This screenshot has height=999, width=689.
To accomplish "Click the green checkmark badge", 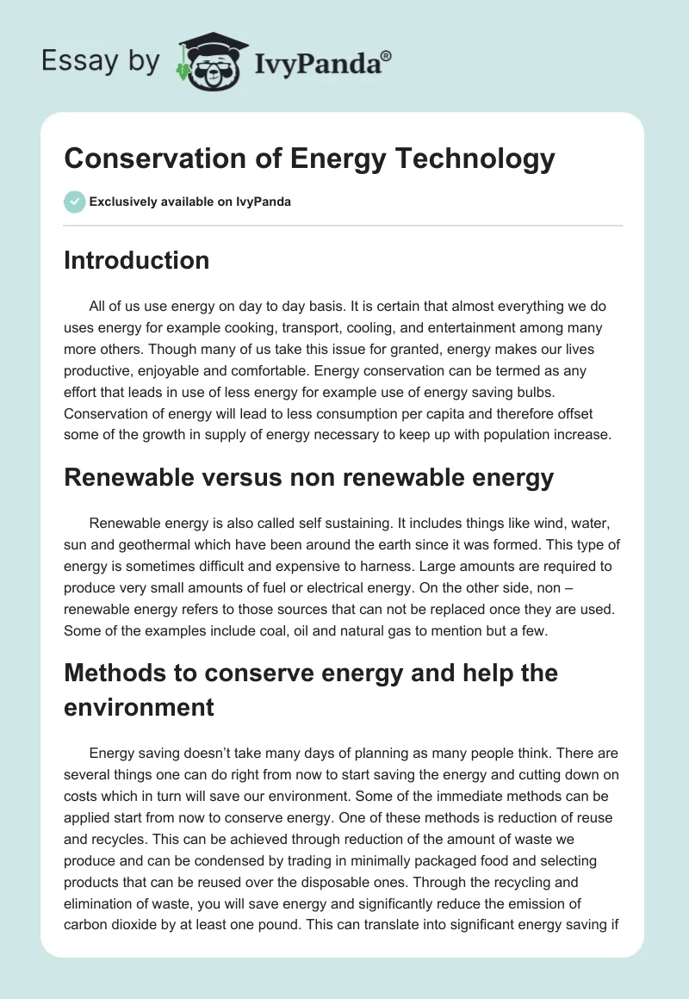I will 74,202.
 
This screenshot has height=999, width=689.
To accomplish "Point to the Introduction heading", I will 136,260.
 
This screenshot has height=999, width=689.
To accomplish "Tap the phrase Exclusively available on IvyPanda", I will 190,202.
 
